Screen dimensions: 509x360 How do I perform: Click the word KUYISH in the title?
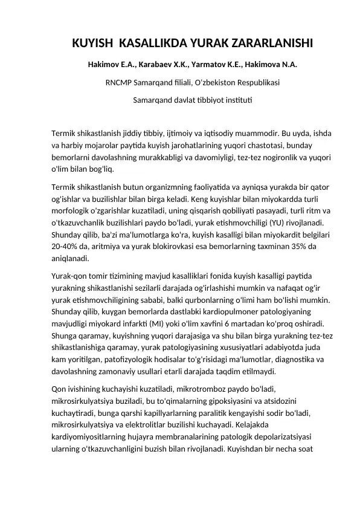[x=92, y=44]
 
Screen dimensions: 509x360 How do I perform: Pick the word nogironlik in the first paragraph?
[x=266, y=157]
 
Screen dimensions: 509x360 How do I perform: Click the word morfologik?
[x=74, y=210]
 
